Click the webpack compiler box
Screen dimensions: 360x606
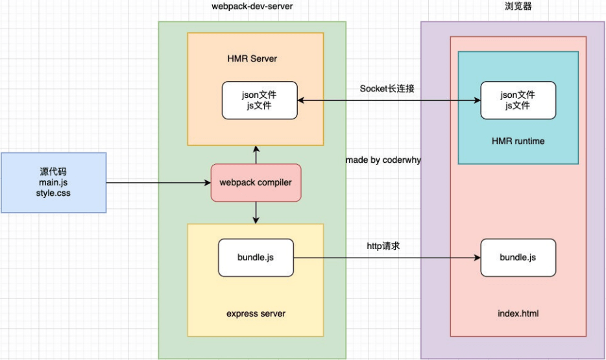tap(256, 182)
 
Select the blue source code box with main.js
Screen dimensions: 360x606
tap(53, 182)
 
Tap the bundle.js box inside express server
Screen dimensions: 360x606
tap(256, 258)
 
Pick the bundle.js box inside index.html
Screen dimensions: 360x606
tap(518, 258)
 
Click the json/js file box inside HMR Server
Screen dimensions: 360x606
tap(260, 101)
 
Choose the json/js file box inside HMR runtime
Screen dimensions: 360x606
tap(518, 101)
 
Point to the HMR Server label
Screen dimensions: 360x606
tap(252, 58)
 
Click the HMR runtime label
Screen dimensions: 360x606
tap(518, 141)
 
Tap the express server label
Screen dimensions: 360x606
tap(256, 314)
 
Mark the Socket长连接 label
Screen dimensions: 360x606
tap(387, 89)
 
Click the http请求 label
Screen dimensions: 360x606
tap(387, 246)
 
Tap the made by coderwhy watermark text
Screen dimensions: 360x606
tap(383, 160)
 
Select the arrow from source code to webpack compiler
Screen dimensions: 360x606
tap(158, 183)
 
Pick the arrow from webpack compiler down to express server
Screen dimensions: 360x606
tap(256, 212)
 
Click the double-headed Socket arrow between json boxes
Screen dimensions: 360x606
tap(389, 101)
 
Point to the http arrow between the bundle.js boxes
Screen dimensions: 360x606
tap(387, 258)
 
